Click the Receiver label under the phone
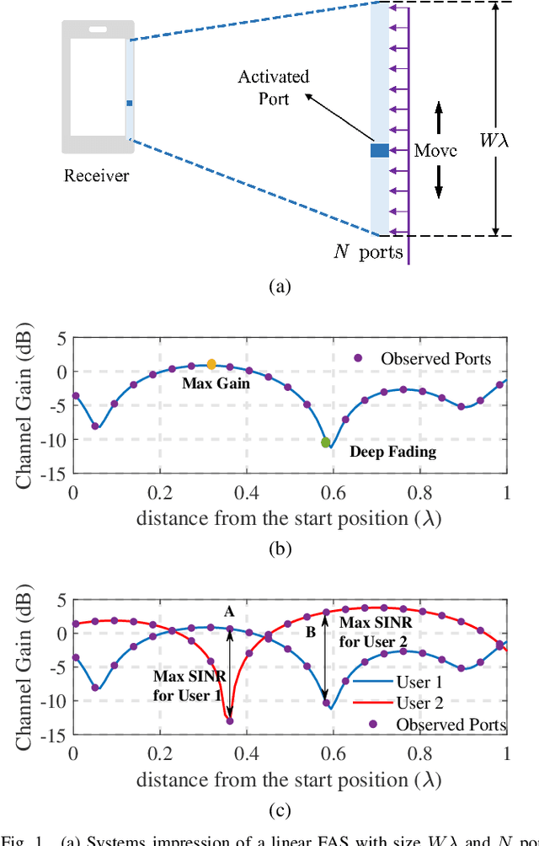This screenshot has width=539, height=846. pos(97,175)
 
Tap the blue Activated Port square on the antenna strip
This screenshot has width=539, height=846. pos(380,151)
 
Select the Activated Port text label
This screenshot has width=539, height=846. pos(275,88)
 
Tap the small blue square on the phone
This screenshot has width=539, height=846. pos(130,104)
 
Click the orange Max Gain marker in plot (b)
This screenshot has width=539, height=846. pos(211,364)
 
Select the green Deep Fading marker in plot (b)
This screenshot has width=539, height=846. pos(326,442)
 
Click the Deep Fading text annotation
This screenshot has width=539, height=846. pos(393,452)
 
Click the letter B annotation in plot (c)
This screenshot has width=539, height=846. pos(310,629)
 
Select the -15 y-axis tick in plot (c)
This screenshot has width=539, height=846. pos(55,734)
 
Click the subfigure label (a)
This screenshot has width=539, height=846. pos(280,286)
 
